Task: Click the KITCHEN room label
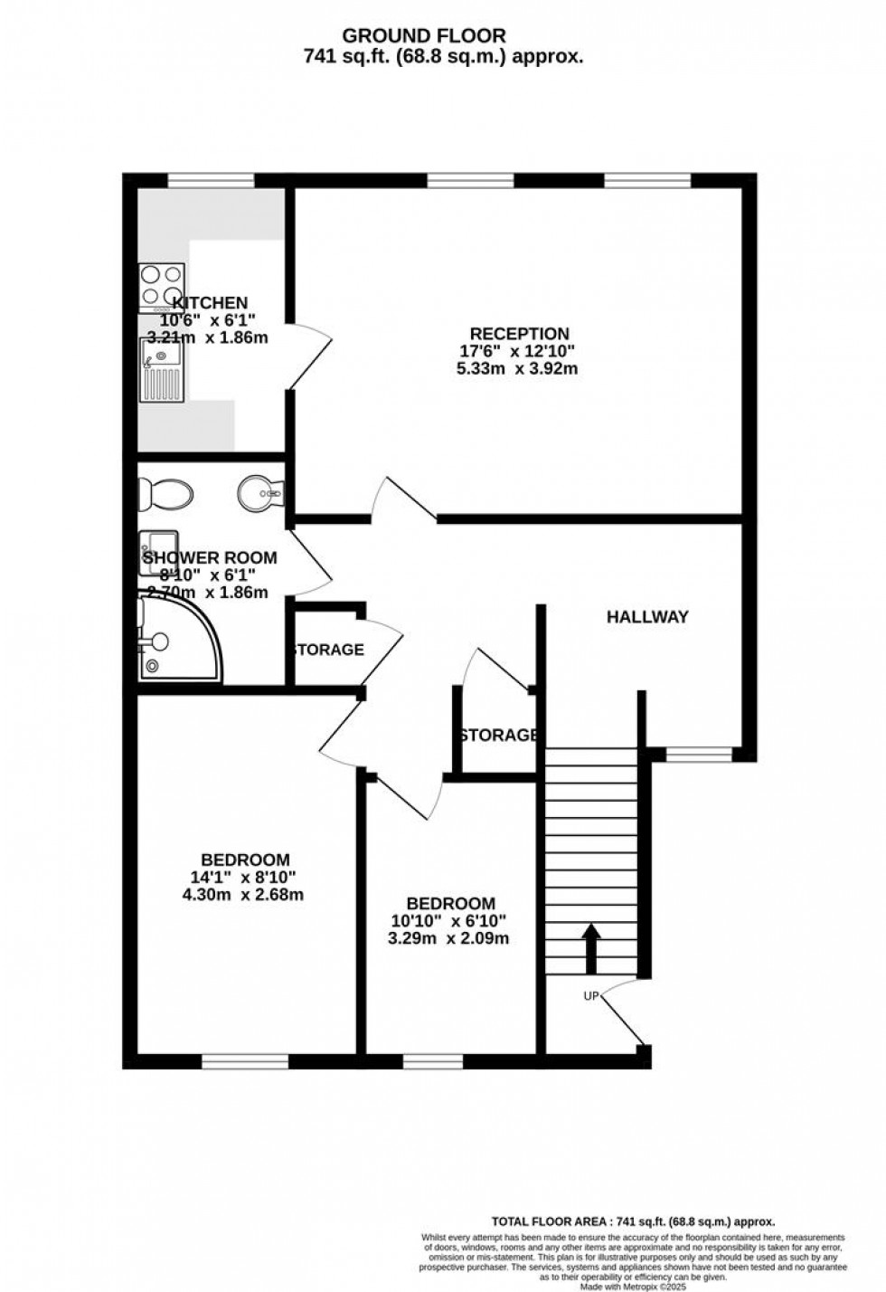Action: coord(210,303)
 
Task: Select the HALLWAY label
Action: coord(647,617)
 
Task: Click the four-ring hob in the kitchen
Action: coord(161,287)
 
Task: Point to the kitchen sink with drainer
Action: coord(161,368)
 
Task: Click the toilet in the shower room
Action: coord(165,494)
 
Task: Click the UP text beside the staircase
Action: coord(592,996)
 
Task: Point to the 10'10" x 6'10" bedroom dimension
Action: coord(450,921)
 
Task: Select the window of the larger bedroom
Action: coord(244,1061)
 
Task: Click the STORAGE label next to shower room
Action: coord(327,650)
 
